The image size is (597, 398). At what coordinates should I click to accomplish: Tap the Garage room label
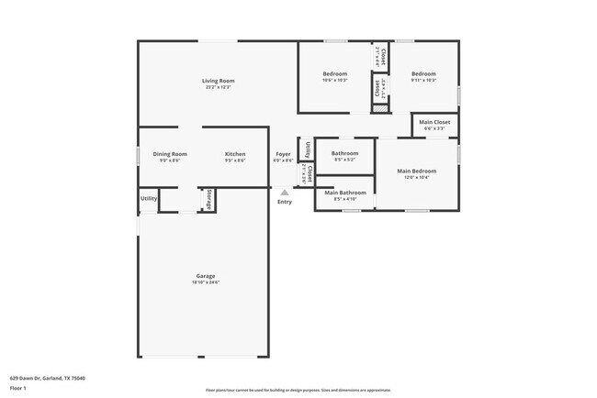point(206,275)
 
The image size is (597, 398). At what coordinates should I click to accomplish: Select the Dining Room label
point(170,154)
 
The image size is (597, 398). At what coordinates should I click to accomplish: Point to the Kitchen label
point(235,154)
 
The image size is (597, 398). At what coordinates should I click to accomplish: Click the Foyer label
point(284,154)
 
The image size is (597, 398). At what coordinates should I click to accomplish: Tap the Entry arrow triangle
point(285,192)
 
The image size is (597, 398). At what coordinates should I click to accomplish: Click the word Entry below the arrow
point(285,202)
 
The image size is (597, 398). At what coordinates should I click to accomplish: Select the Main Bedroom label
point(416,171)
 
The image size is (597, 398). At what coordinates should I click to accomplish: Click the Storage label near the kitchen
point(209,199)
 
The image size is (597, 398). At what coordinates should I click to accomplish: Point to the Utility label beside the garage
point(148,198)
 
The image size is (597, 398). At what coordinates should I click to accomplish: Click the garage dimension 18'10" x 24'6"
point(206,282)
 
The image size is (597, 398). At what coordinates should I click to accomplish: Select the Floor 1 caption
point(18,389)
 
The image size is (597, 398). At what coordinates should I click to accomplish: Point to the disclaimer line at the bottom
point(298,390)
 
